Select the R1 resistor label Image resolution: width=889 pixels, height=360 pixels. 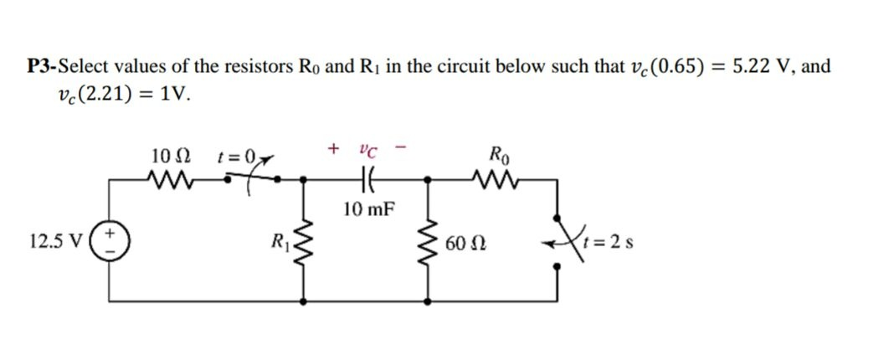277,245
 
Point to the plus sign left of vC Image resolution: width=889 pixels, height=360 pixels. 334,150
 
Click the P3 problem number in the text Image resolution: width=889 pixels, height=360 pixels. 40,67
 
